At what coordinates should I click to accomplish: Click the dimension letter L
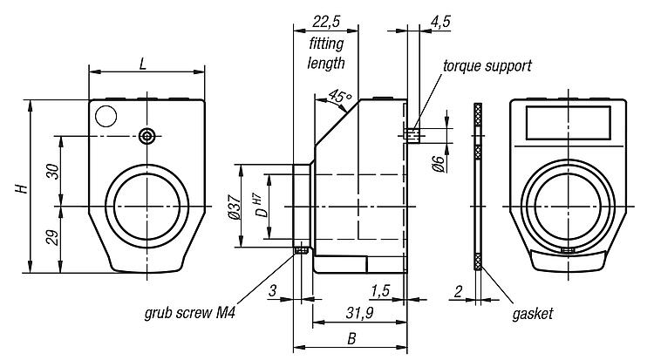point(145,64)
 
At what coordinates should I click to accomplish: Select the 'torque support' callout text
point(487,66)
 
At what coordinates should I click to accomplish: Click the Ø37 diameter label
point(233,210)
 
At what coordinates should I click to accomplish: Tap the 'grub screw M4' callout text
point(193,311)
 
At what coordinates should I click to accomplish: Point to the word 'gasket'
point(533,311)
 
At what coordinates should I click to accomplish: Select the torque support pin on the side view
point(413,134)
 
